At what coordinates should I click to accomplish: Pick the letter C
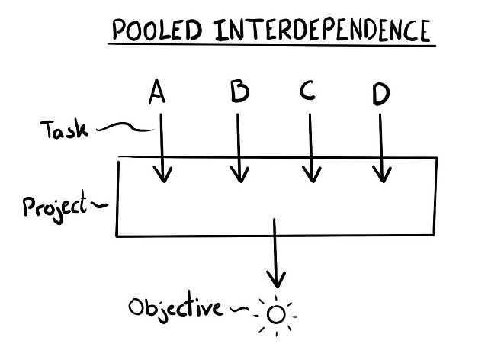pos(307,92)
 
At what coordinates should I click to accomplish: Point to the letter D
pos(380,95)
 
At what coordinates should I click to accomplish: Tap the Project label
pos(54,207)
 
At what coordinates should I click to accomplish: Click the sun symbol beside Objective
pos(277,313)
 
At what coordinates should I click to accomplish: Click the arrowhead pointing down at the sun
pos(276,278)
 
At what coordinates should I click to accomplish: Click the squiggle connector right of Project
pos(99,204)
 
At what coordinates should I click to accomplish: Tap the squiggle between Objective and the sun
pos(239,309)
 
